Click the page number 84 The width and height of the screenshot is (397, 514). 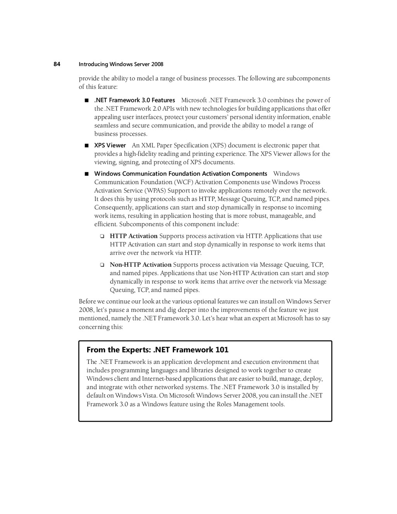[x=57, y=64]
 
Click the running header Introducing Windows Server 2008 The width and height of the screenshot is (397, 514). [x=121, y=64]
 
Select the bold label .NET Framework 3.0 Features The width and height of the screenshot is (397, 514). [x=135, y=100]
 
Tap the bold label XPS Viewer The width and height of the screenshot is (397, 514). [x=110, y=145]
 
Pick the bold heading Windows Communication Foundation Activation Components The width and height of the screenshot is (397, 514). [x=181, y=174]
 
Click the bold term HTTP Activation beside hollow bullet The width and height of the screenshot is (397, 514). [x=134, y=236]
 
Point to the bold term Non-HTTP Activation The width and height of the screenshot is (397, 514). [x=141, y=265]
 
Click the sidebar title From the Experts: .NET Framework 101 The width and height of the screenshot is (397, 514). [x=157, y=350]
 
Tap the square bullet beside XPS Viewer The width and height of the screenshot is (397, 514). [x=86, y=145]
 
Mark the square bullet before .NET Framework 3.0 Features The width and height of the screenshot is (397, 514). [x=86, y=100]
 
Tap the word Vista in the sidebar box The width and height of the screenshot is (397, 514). [x=149, y=396]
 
